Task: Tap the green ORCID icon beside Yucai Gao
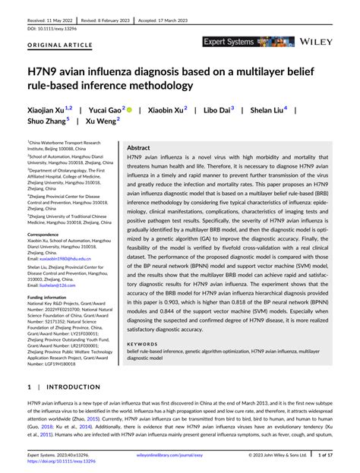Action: (130, 110)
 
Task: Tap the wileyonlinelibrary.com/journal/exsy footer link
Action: (180, 456)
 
